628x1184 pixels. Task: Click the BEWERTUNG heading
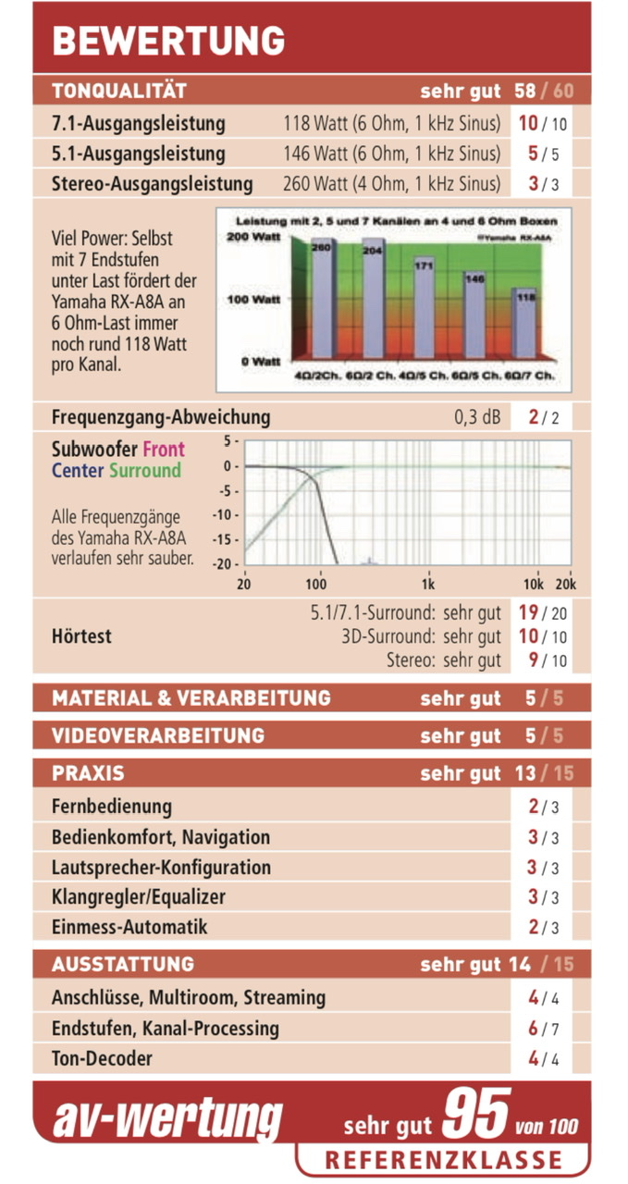coord(168,41)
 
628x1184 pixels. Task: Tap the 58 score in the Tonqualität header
coord(523,91)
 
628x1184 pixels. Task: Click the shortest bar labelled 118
coord(523,324)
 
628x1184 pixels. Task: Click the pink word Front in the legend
coord(163,450)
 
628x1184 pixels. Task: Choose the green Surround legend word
coord(145,471)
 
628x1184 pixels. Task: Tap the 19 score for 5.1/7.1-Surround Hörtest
coord(527,612)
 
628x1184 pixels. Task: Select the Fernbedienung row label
coord(112,806)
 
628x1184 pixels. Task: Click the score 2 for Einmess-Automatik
coord(533,926)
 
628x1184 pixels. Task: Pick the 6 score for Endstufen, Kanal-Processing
coord(533,1028)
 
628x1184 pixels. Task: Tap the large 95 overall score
coord(475,1116)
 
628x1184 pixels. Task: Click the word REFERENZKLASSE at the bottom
coord(443,1160)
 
